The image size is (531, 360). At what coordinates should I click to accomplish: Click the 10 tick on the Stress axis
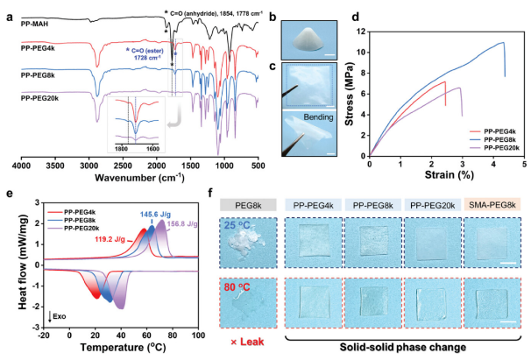pyautogui.click(x=359, y=52)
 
